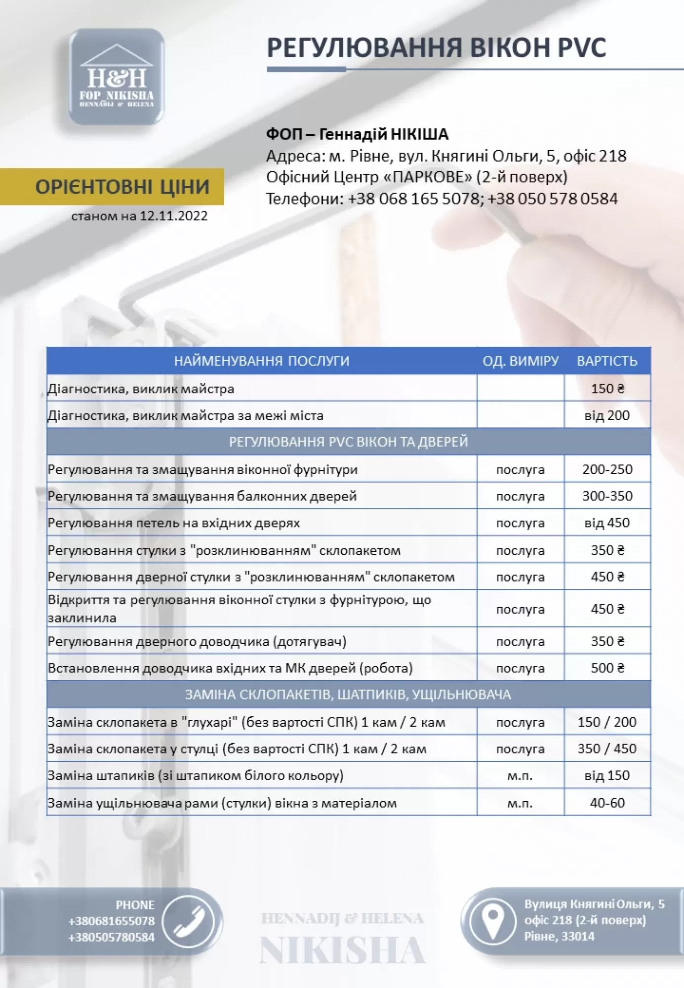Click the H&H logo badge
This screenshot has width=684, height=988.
click(x=117, y=77)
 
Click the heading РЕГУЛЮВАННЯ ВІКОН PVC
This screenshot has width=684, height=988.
click(x=436, y=48)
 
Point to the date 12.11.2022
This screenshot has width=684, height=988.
click(x=174, y=216)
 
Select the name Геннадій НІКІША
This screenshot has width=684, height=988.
click(x=384, y=134)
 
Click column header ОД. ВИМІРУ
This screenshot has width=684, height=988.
click(x=520, y=361)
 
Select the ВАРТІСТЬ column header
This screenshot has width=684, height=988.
click(x=607, y=361)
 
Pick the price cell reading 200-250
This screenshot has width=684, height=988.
click(x=607, y=469)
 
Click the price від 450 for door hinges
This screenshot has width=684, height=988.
click(x=607, y=523)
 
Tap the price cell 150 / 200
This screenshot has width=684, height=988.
click(x=607, y=722)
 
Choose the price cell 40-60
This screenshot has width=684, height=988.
click(x=607, y=803)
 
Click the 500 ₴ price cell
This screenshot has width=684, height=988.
click(x=607, y=668)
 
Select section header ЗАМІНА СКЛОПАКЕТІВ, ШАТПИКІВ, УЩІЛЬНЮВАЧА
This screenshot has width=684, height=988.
click(x=348, y=695)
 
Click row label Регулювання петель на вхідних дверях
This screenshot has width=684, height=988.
click(x=174, y=523)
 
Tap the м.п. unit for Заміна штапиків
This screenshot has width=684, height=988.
click(x=520, y=776)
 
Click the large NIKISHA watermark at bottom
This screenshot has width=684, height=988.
click(x=342, y=951)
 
